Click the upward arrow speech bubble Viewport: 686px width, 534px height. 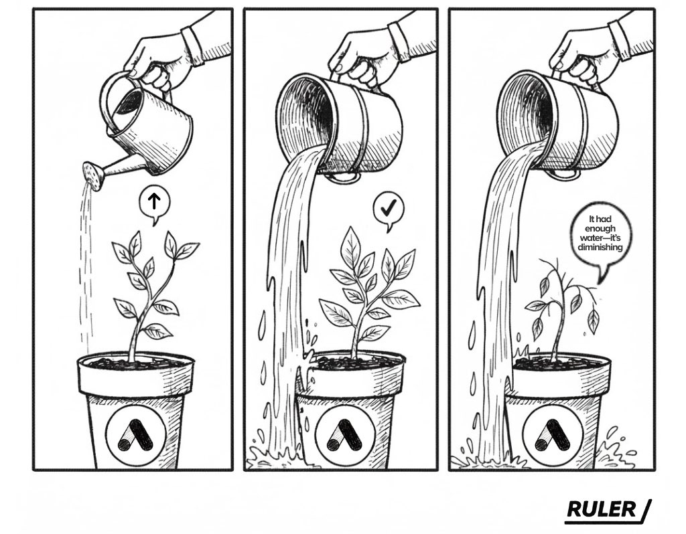coord(154,202)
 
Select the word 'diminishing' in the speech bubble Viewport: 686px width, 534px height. coord(600,248)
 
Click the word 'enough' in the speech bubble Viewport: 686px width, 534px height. coord(600,229)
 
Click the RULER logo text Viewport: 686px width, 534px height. coord(602,509)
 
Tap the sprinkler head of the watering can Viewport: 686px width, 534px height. coord(93,176)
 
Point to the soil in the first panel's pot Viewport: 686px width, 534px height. coord(135,361)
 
